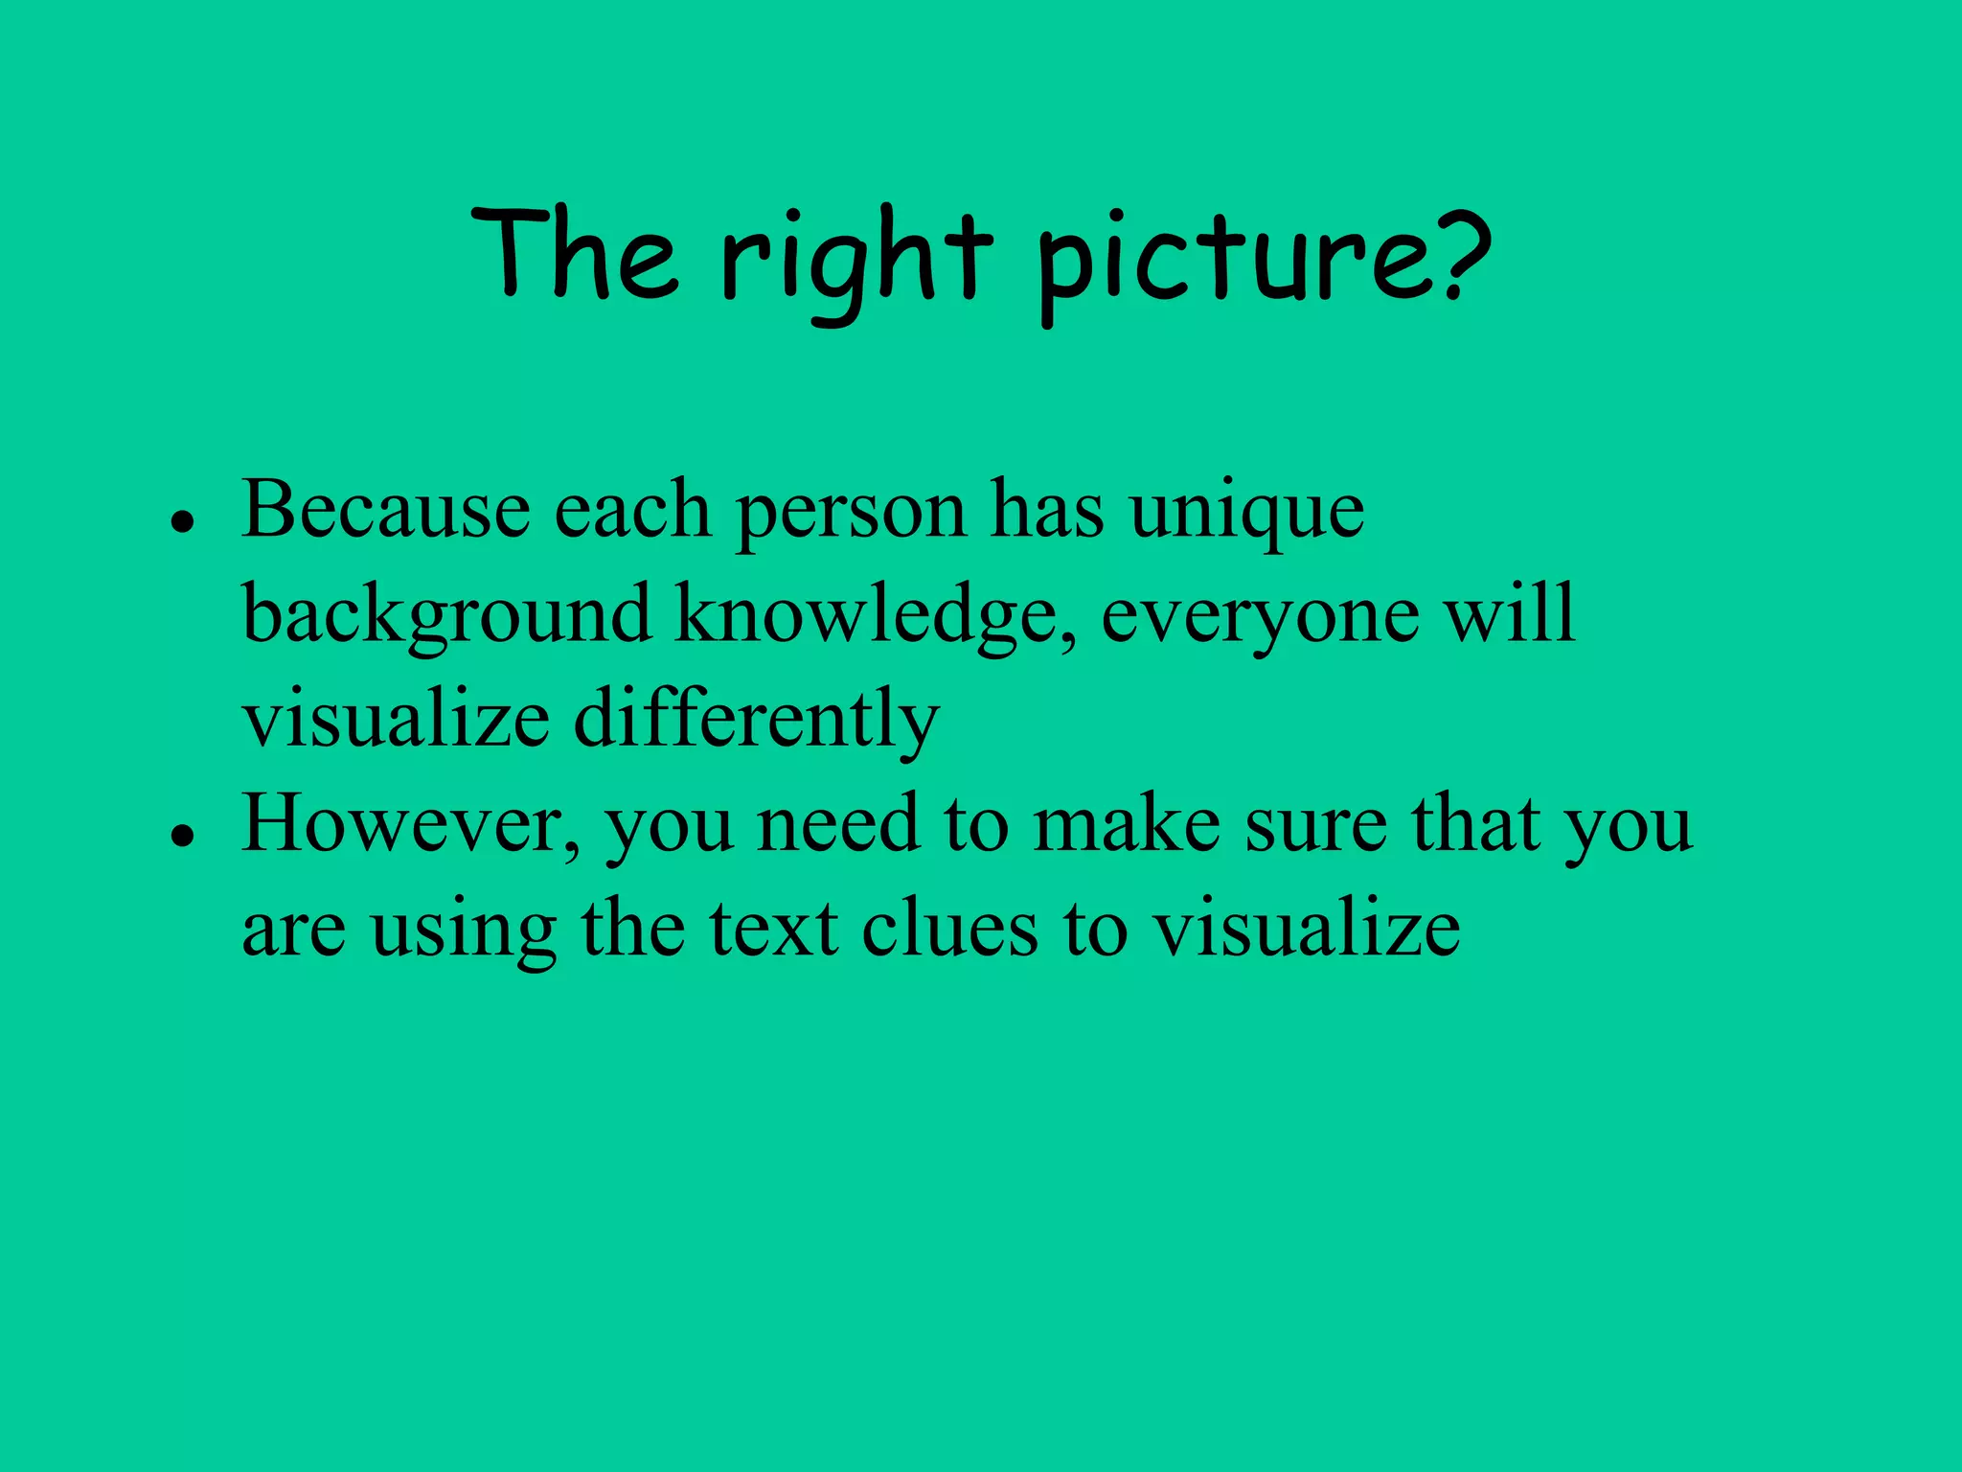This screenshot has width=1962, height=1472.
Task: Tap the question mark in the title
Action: tap(1458, 255)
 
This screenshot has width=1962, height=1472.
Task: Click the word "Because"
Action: tap(385, 511)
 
